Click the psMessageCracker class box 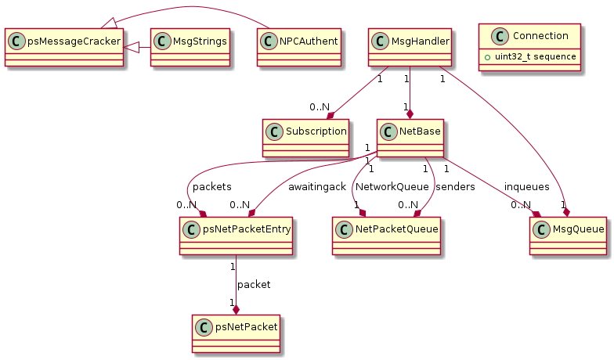pyautogui.click(x=64, y=47)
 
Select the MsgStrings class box pyautogui.click(x=190, y=47)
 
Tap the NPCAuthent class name pyautogui.click(x=309, y=41)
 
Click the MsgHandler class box pyautogui.click(x=410, y=47)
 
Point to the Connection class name pyautogui.click(x=540, y=36)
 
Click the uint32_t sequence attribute pyautogui.click(x=536, y=56)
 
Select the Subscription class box pyautogui.click(x=305, y=138)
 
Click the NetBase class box pyautogui.click(x=410, y=138)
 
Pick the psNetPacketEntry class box pyautogui.click(x=237, y=236)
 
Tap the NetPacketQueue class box pyautogui.click(x=387, y=236)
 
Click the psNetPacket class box pyautogui.click(x=237, y=333)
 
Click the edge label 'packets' pyautogui.click(x=211, y=187)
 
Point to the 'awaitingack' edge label pyautogui.click(x=317, y=187)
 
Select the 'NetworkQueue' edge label pyautogui.click(x=392, y=187)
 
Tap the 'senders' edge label pyautogui.click(x=455, y=187)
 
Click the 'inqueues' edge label pyautogui.click(x=526, y=187)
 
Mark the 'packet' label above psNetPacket pyautogui.click(x=254, y=285)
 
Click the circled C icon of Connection pyautogui.click(x=500, y=36)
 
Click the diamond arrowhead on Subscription pyautogui.click(x=330, y=116)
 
